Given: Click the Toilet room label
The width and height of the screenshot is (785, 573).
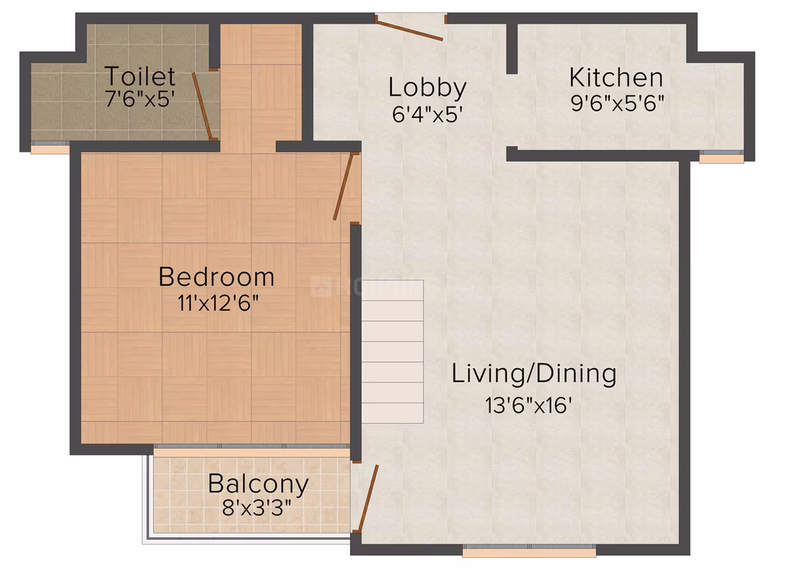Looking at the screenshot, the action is point(139,76).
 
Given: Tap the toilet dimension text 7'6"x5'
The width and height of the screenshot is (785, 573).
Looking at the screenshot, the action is point(139,99).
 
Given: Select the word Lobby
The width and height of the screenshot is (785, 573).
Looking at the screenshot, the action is point(427,89).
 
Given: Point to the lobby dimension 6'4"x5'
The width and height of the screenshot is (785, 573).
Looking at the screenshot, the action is point(427,114).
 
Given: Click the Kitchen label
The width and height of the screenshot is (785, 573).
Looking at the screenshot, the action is point(616,78).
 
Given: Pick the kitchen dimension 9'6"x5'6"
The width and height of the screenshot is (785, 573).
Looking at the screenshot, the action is point(617,103).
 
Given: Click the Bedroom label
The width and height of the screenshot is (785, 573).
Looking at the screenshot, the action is point(217,276).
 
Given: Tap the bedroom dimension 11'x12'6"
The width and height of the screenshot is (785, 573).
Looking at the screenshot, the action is point(218,303).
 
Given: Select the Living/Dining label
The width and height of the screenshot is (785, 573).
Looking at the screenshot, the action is point(534,374).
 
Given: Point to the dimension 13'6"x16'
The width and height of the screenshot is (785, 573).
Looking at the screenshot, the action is point(528,405).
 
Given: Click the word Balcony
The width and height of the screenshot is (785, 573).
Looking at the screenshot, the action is point(259,484).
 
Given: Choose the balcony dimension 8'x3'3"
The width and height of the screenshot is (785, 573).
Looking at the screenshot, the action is point(256,509).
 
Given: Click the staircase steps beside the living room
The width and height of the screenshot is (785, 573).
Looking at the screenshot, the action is point(392,352).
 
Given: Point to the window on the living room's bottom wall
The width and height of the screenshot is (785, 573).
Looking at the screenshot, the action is point(529,550).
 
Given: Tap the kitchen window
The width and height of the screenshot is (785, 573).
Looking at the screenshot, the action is point(721,156).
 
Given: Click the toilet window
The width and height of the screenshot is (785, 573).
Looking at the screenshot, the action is point(50,147).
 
